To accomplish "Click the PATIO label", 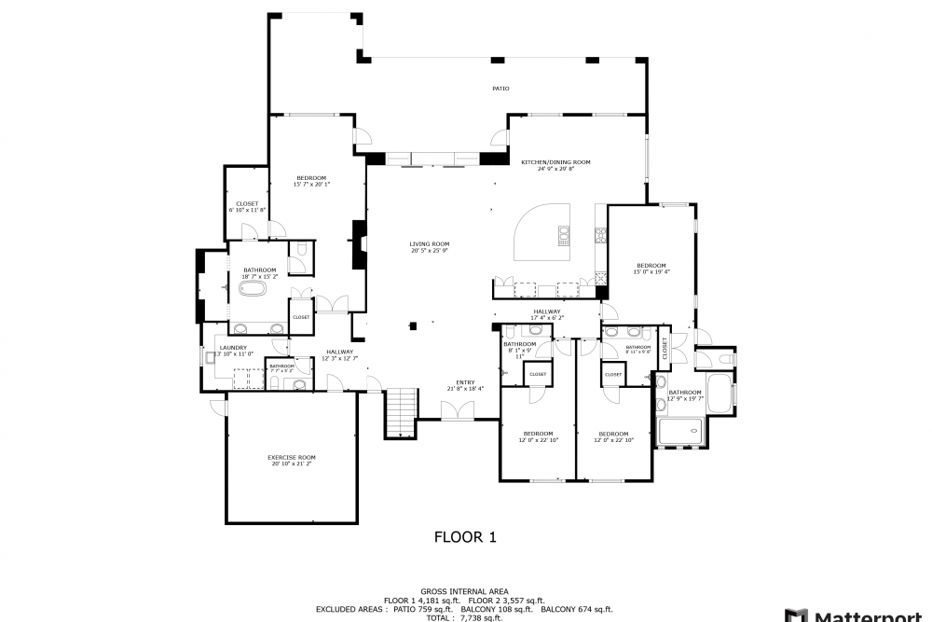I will click(x=500, y=89).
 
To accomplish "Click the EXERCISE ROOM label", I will click(x=292, y=457).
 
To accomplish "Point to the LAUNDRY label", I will click(x=233, y=348).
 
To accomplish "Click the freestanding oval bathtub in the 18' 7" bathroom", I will click(x=254, y=289).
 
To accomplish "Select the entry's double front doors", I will click(x=457, y=411).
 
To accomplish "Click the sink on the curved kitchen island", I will click(x=563, y=234).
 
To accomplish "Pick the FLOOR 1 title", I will click(x=466, y=537).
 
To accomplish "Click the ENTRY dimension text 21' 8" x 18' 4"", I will click(x=465, y=388).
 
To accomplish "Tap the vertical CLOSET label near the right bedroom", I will click(x=665, y=348).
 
